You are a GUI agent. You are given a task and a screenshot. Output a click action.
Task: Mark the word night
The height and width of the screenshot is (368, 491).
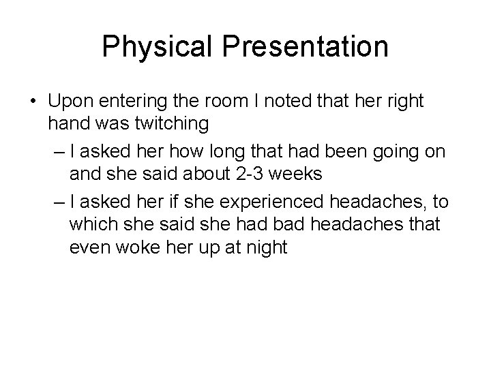point(262,247)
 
